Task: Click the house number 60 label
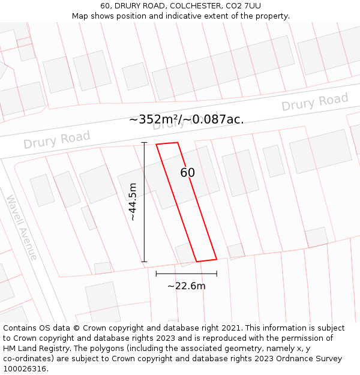tap(187, 173)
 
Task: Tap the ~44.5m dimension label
tap(133, 202)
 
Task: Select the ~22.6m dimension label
tap(186, 286)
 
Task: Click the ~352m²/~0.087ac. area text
tap(186, 119)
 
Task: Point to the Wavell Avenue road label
tap(22, 227)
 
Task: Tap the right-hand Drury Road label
tap(314, 102)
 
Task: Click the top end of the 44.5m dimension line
tap(144, 142)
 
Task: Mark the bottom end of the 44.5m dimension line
tap(144, 261)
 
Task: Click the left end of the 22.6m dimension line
tap(156, 274)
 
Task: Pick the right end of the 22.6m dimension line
tap(217, 274)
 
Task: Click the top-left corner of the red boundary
tap(156, 144)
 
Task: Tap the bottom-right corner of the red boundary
tap(216, 259)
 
